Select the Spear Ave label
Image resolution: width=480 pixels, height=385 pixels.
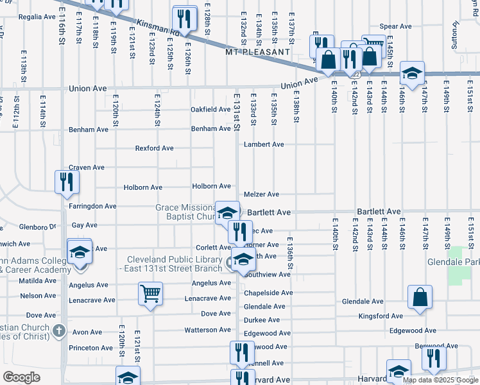pos(395,26)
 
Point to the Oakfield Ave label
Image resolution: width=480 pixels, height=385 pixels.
pos(210,110)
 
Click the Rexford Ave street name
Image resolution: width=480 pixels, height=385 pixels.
pos(154,148)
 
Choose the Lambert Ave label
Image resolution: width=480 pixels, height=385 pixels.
pos(264,144)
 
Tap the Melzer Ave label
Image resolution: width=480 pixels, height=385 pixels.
pos(261,194)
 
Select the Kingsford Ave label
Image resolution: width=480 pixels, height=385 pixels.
pos(381,316)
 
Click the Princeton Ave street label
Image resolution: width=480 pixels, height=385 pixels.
pos(92,348)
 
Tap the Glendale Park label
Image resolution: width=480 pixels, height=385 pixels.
pos(453,263)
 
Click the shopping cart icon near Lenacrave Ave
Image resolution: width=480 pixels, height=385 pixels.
pos(150,294)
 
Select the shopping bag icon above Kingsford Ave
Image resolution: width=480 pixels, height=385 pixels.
pos(420,297)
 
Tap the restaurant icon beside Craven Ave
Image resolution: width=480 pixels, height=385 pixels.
pos(67,182)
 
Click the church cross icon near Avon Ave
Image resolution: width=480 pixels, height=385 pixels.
pos(58,331)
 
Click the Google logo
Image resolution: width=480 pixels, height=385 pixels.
pos(21,377)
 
